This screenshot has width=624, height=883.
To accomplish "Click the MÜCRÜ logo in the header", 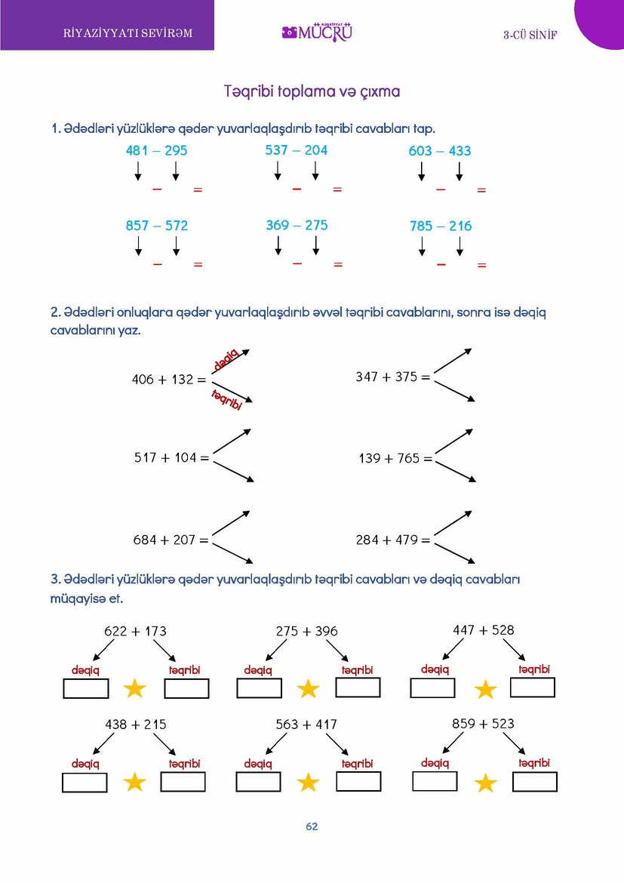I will [317, 32].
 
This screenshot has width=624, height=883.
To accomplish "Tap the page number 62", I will [312, 826].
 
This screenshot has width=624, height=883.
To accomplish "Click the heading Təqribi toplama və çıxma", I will [312, 91].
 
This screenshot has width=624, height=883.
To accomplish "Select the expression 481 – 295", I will [156, 151].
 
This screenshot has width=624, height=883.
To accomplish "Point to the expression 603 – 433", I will [439, 151].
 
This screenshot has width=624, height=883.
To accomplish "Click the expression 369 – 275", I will [297, 225].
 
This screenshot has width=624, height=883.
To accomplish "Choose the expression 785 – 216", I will [440, 226].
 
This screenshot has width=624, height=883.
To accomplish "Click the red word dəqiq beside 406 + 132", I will [226, 359].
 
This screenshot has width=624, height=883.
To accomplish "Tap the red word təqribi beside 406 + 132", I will [226, 398].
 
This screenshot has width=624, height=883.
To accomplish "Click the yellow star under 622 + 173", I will [134, 688].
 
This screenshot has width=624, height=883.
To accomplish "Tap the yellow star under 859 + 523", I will [485, 783].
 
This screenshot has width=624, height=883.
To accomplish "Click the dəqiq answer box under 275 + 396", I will [259, 688].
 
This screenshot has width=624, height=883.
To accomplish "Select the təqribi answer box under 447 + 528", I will [532, 688].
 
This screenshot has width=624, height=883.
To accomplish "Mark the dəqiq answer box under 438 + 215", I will [85, 783].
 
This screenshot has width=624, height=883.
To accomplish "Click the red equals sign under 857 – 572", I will [198, 265].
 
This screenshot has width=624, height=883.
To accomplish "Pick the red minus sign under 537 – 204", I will [297, 188].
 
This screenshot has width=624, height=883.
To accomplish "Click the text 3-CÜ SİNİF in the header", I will [530, 35].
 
